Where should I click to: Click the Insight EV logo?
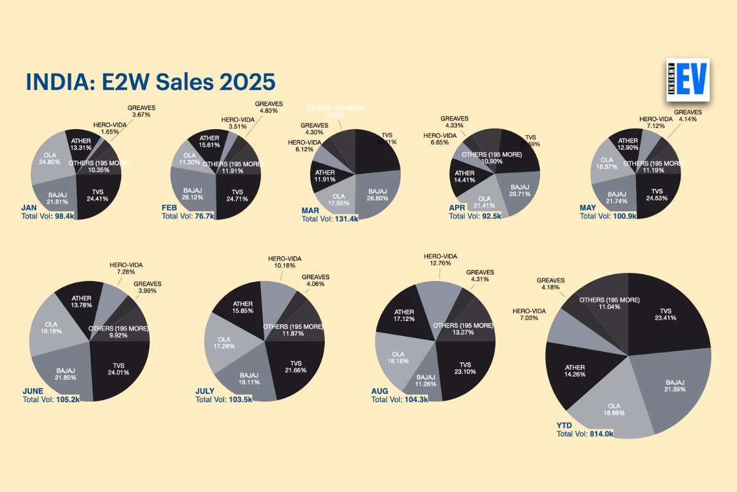(687, 80)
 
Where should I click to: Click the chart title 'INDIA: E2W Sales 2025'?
(150, 82)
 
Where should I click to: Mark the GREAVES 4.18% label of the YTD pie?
(550, 284)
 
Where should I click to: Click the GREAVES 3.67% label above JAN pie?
(141, 111)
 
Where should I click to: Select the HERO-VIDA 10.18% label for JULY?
(284, 262)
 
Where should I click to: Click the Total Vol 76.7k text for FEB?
(187, 216)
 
